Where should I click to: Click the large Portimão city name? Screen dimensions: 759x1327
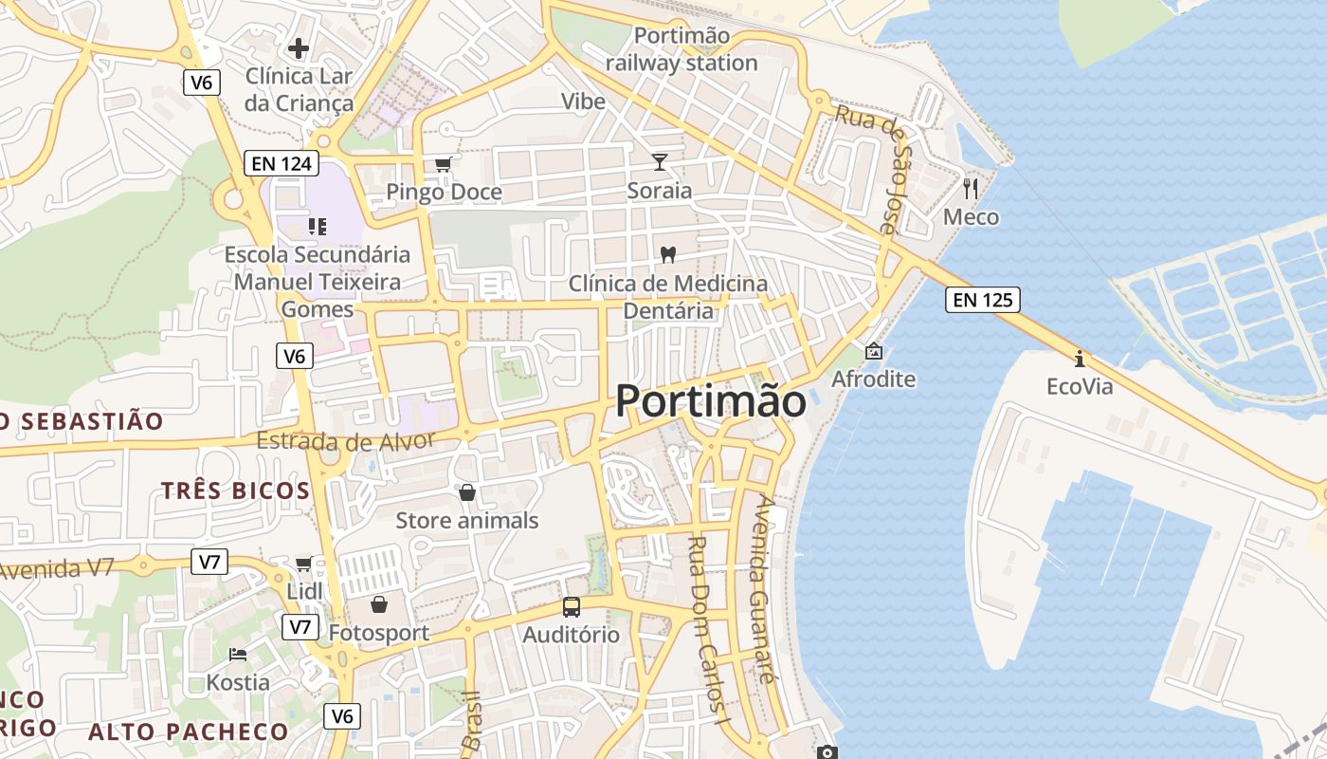[711, 401]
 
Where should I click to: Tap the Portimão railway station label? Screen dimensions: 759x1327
[682, 49]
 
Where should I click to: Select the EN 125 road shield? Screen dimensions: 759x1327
[983, 301]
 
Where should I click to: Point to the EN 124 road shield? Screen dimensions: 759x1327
[282, 163]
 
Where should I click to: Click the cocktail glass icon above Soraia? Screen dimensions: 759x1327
[660, 162]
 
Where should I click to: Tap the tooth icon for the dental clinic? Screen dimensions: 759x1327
[667, 254]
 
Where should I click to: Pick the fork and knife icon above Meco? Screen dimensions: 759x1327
[970, 189]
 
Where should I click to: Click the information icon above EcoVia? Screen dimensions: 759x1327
[1079, 359]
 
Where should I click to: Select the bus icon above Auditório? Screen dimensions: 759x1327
[571, 607]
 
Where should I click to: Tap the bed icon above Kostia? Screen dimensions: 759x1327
[238, 655]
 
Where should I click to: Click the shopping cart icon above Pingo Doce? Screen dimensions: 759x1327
[443, 164]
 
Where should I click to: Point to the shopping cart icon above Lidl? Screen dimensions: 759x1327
[303, 565]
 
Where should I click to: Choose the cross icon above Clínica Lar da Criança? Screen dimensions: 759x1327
[299, 47]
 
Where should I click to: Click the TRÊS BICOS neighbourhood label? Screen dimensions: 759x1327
[235, 491]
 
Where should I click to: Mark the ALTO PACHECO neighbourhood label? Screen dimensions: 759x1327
[188, 731]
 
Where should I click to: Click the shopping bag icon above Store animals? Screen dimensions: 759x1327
[466, 492]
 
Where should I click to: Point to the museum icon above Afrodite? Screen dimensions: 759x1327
[873, 352]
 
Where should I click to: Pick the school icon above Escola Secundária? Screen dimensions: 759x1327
[317, 226]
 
